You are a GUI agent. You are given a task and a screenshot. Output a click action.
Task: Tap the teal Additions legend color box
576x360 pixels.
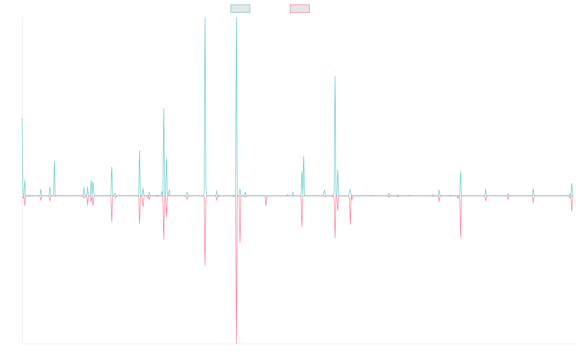click(x=240, y=9)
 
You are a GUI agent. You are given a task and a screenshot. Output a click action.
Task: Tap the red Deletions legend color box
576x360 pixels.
click(x=300, y=9)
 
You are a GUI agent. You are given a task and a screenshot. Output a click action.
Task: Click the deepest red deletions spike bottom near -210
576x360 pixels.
click(x=237, y=343)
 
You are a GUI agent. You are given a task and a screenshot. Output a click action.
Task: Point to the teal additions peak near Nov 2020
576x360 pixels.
click(x=335, y=76)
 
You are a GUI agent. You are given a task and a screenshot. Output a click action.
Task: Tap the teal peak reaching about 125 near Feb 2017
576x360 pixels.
click(x=164, y=108)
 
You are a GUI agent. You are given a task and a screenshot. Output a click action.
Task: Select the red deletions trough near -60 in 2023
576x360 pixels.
click(x=460, y=237)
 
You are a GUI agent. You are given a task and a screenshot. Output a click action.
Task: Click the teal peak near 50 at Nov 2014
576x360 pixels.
click(x=54, y=162)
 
